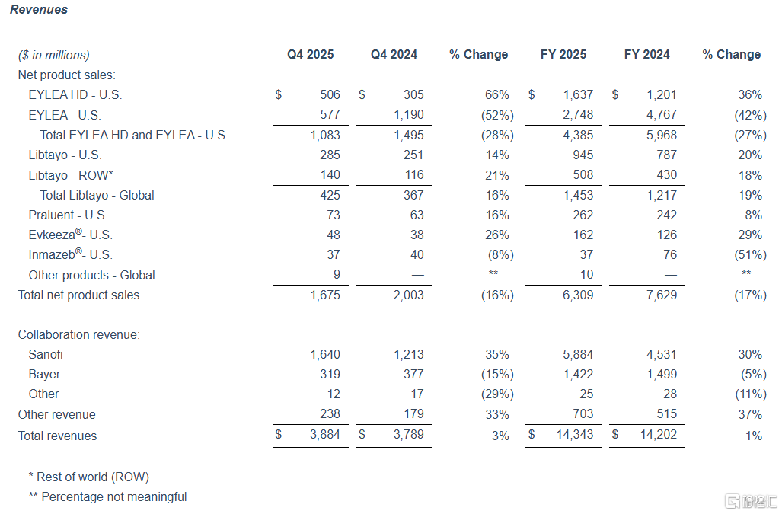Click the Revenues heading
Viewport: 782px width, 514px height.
[39, 9]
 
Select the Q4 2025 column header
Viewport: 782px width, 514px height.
[310, 54]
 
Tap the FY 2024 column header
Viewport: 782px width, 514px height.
[647, 54]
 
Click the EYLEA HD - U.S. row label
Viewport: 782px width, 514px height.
[75, 94]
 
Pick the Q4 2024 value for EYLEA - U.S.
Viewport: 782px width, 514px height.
[408, 115]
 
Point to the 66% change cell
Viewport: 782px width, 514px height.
[496, 94]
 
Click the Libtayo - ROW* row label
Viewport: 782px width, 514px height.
[71, 175]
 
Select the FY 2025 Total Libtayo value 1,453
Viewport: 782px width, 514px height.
[578, 195]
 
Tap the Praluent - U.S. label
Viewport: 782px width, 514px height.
[68, 215]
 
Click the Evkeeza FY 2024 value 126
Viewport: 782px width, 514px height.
[666, 235]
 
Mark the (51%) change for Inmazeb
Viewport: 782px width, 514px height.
[750, 255]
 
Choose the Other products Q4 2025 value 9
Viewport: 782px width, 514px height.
[337, 275]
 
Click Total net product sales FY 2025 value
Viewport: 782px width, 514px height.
[578, 295]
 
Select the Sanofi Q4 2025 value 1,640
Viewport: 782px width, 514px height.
[325, 354]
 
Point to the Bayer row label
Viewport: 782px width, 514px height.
[44, 375]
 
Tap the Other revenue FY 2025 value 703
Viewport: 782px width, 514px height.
[583, 413]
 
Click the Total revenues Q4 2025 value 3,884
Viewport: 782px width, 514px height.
[325, 435]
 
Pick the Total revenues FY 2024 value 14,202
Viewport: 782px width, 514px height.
[659, 435]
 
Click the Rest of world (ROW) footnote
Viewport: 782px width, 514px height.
[89, 477]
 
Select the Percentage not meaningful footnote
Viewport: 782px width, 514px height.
[107, 497]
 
